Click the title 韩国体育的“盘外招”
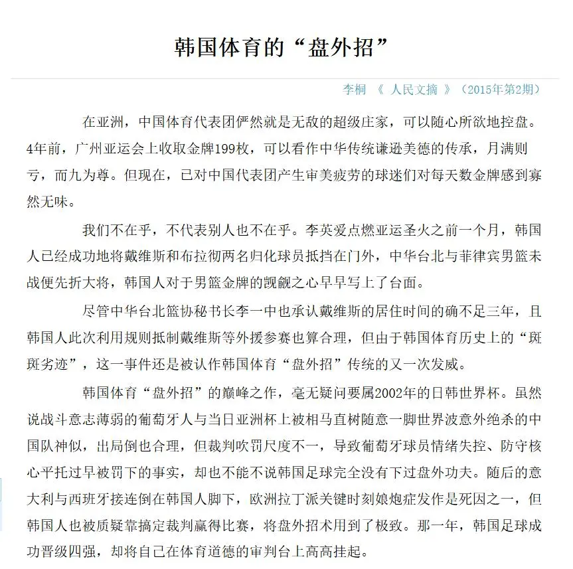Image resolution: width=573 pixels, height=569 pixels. tap(281, 48)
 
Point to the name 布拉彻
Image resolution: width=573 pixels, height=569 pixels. tap(229, 257)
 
